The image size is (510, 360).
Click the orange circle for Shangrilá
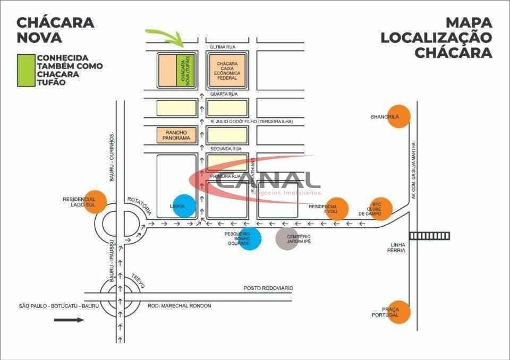click(398, 116)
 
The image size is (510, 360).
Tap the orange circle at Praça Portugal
click(398, 312)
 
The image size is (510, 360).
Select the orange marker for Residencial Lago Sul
click(96, 201)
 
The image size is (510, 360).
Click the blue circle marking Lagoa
click(184, 205)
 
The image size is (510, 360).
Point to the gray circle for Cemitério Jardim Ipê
click(287, 238)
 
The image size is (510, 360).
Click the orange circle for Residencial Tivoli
click(337, 208)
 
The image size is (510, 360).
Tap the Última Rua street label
click(223, 47)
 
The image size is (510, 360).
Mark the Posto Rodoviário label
click(268, 288)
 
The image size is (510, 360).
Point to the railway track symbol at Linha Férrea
click(429, 236)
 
